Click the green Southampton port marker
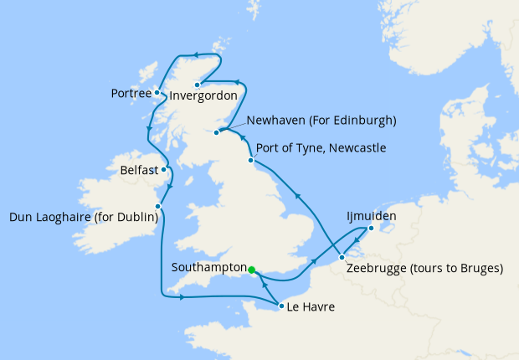click(x=251, y=270)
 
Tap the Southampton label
click(x=207, y=268)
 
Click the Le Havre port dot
click(x=280, y=306)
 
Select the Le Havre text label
click(x=311, y=307)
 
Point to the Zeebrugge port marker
click(x=342, y=257)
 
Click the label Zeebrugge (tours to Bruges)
click(x=424, y=269)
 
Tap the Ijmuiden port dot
click(x=372, y=227)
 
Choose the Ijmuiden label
click(x=371, y=216)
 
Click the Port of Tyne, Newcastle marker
click(x=250, y=160)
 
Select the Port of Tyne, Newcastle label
click(x=321, y=148)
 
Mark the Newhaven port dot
click(x=217, y=131)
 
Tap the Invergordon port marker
click(x=197, y=85)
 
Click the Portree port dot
click(x=157, y=92)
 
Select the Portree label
click(x=131, y=93)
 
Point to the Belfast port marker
click(x=165, y=169)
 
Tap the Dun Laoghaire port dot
click(x=157, y=206)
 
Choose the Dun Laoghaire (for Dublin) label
click(x=83, y=218)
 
